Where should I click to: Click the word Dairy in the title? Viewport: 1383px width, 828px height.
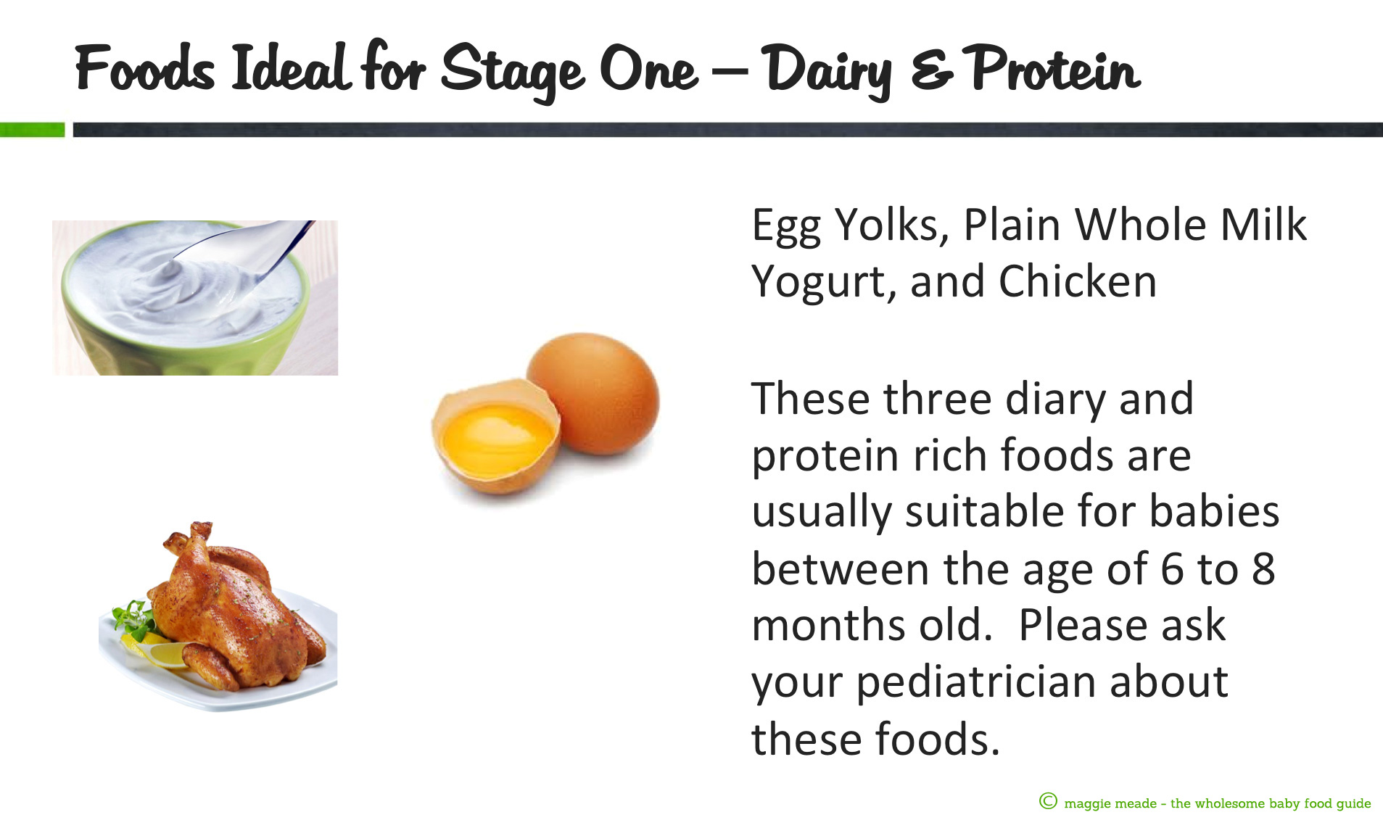[x=827, y=71]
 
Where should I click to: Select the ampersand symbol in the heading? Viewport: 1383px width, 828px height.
[x=932, y=70]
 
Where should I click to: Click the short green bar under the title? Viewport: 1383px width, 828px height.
[x=32, y=130]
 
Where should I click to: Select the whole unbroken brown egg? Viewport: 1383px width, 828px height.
[x=593, y=393]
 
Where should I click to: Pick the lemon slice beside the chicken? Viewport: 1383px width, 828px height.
[x=156, y=649]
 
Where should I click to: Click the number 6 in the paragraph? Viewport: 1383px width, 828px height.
[x=1172, y=569]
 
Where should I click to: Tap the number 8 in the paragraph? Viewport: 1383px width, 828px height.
[x=1263, y=569]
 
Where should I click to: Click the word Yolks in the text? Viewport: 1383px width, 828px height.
[x=892, y=225]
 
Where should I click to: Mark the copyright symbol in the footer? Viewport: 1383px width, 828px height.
[x=1048, y=801]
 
